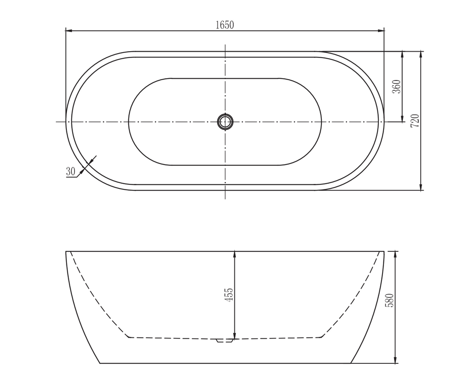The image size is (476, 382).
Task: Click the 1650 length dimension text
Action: (225, 25)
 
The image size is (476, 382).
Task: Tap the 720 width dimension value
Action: (415, 121)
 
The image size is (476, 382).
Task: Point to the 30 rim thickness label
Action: (71, 171)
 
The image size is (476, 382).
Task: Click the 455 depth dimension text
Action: (229, 295)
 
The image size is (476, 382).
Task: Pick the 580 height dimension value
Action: (390, 301)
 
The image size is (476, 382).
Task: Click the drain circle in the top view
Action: (225, 122)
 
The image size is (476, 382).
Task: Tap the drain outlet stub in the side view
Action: (224, 341)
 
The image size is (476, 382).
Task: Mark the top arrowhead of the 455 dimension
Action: (235, 254)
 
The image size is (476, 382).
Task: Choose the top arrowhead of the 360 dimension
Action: (403, 54)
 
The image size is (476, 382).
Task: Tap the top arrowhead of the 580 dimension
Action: (395, 254)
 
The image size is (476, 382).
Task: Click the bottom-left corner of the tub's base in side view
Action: (100, 363)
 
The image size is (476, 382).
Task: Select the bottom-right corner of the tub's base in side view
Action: (350, 363)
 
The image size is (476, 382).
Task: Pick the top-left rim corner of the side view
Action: (66, 251)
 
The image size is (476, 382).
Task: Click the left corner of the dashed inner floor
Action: (128, 337)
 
